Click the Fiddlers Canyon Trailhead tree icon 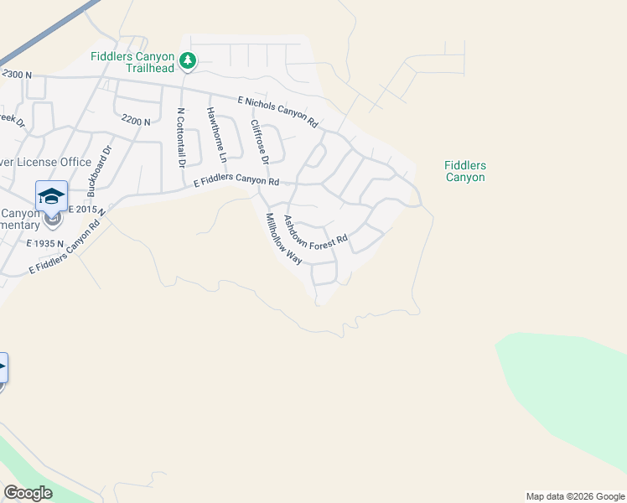click(x=189, y=60)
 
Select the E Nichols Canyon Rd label click(x=278, y=111)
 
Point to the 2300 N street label click(x=17, y=75)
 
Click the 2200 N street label click(x=135, y=121)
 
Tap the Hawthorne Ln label click(x=217, y=136)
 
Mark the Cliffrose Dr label click(x=259, y=142)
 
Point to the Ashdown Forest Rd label click(x=314, y=232)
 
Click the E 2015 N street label click(x=85, y=210)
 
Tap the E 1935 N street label click(x=45, y=242)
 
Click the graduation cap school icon click(x=51, y=196)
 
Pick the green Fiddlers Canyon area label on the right click(x=464, y=172)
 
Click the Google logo click(x=28, y=493)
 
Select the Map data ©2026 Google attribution click(x=575, y=496)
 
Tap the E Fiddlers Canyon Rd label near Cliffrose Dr click(x=236, y=182)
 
